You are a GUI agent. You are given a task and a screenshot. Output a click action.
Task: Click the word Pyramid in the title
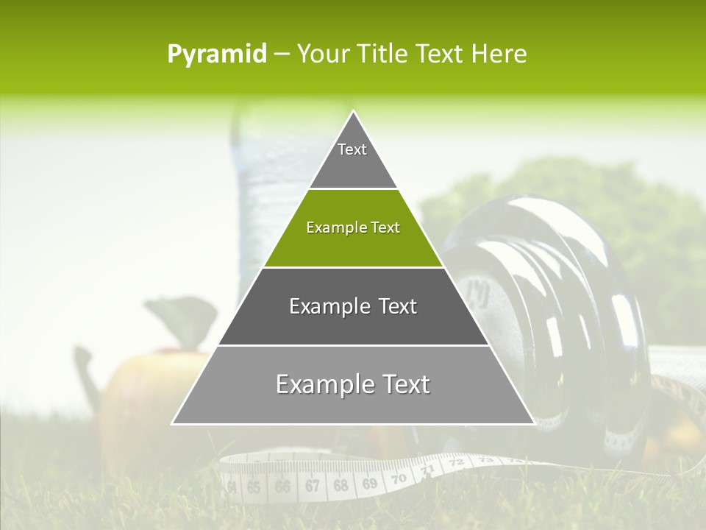[x=217, y=54]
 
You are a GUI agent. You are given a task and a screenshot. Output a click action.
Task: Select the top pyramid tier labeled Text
[x=352, y=155]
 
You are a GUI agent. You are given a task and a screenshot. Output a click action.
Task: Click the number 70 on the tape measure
[x=399, y=478]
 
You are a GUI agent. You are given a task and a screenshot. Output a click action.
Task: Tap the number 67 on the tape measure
[x=312, y=486]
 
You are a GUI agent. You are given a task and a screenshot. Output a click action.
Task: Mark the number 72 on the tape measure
[x=457, y=463]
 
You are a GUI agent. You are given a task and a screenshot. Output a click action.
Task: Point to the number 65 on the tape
[x=254, y=487]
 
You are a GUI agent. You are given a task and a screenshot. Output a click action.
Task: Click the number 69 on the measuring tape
[x=369, y=484]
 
